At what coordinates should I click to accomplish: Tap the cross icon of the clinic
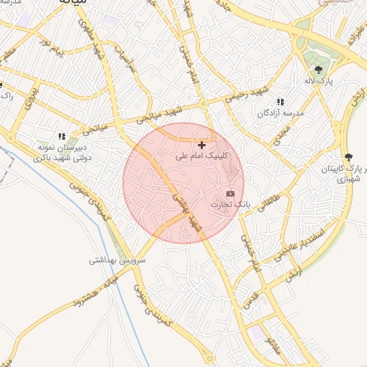click(x=202, y=146)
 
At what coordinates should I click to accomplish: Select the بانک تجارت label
click(x=231, y=204)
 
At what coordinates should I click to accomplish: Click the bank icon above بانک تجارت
click(x=230, y=194)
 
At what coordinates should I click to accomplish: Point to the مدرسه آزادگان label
click(x=280, y=113)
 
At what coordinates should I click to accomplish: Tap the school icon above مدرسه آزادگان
click(x=280, y=103)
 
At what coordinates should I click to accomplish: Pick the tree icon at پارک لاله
click(x=318, y=70)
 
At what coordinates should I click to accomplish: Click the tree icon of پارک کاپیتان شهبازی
click(x=348, y=157)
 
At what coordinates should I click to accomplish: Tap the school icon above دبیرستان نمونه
click(x=62, y=136)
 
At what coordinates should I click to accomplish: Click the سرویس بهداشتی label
click(x=117, y=260)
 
